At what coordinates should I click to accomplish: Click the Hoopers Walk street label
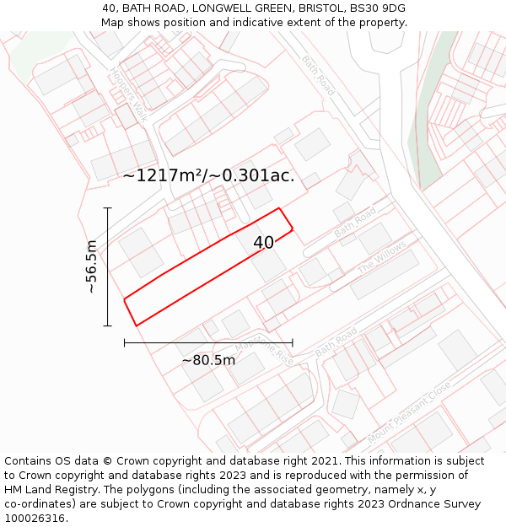pos(128,95)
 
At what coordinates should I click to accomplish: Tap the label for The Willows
pos(382,255)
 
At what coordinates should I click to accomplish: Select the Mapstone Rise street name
pos(264,347)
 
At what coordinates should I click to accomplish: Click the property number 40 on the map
pos(263,243)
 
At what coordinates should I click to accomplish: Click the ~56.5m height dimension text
pos(91,266)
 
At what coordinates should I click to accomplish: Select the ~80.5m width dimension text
pos(208,360)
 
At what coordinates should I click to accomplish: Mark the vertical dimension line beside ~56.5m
pos(108,266)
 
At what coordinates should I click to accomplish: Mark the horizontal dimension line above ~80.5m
pos(208,342)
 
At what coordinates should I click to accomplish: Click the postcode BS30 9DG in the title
pos(377,8)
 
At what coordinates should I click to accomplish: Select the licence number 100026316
pos(35,519)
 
